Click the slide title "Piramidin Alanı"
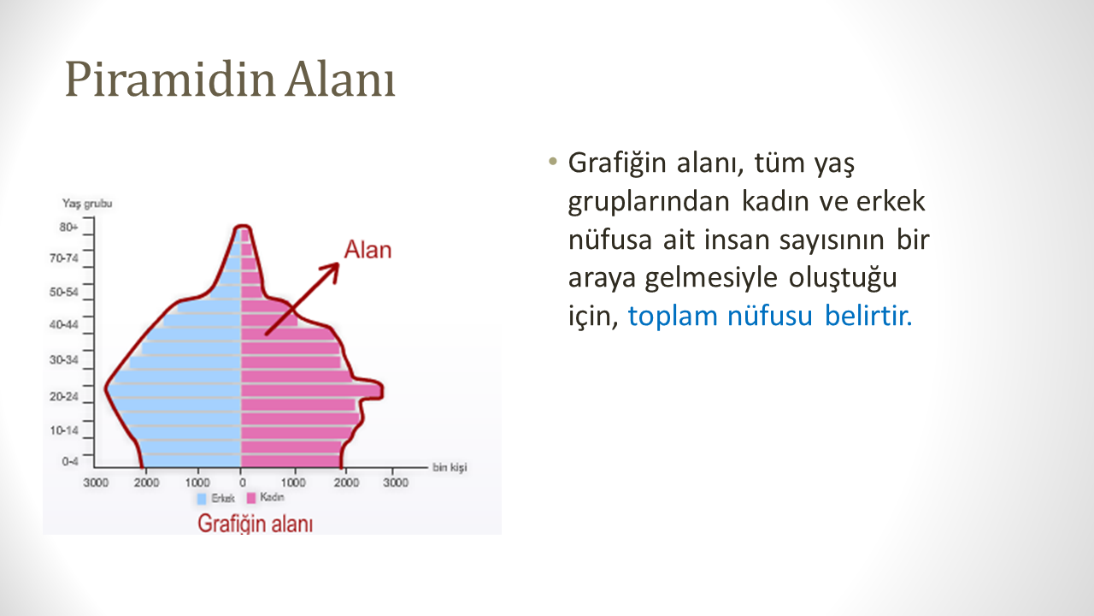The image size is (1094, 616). (x=230, y=79)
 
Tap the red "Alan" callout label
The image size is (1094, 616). (x=368, y=250)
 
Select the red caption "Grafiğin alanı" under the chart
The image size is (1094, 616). (x=255, y=524)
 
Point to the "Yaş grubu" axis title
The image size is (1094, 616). (x=87, y=204)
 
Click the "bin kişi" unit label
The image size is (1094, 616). (x=450, y=467)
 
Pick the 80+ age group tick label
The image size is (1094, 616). (x=68, y=227)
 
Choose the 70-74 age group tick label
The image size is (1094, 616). (x=63, y=258)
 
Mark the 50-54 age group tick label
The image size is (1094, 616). (x=63, y=292)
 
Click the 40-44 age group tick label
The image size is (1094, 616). (x=63, y=324)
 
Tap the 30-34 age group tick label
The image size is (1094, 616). (x=63, y=360)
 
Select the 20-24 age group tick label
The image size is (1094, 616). (x=63, y=396)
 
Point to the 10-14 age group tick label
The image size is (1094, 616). (x=63, y=430)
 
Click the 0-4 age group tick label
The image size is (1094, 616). (x=70, y=461)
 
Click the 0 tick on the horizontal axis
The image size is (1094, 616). (x=242, y=483)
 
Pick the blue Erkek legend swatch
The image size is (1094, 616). (x=202, y=499)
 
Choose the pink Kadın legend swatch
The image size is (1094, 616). (x=251, y=498)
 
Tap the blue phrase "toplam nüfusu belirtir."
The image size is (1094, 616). (x=770, y=316)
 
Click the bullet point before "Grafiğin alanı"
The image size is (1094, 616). (x=553, y=162)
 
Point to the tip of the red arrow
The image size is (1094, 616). (x=338, y=264)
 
